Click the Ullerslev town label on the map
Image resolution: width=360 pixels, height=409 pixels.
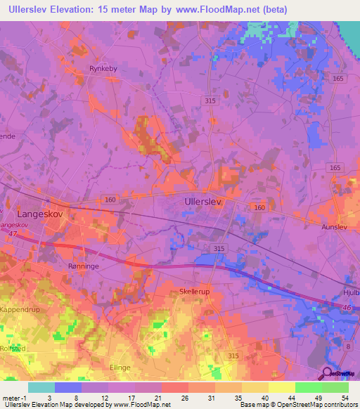203,202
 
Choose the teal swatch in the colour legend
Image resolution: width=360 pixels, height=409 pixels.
41,387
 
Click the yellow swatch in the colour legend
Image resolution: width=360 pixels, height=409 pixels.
281,387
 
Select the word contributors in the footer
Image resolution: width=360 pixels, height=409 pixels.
340,405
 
